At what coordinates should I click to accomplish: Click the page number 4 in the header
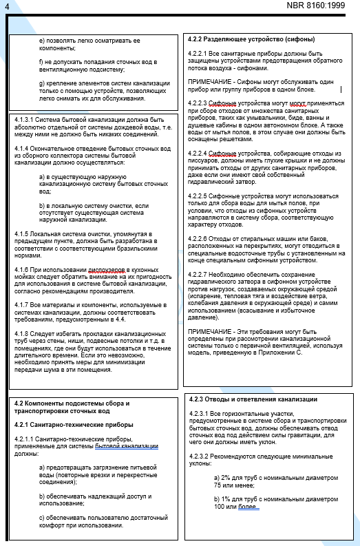7,6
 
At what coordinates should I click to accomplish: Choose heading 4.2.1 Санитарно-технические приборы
74,425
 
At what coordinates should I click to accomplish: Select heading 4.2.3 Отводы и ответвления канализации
253,400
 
